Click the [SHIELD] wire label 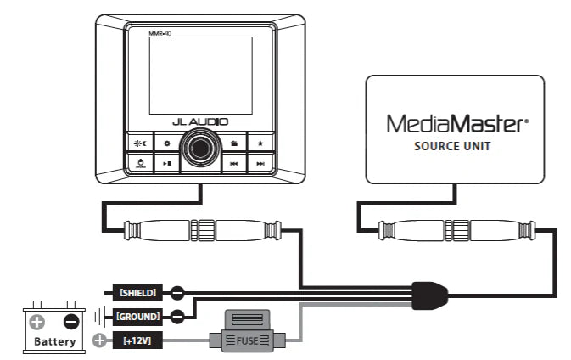click(137, 293)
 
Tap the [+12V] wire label click(137, 340)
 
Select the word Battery click(54, 342)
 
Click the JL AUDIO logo click(199, 122)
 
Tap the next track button click(260, 163)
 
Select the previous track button click(232, 163)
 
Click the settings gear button click(168, 143)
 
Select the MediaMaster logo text click(456, 125)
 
